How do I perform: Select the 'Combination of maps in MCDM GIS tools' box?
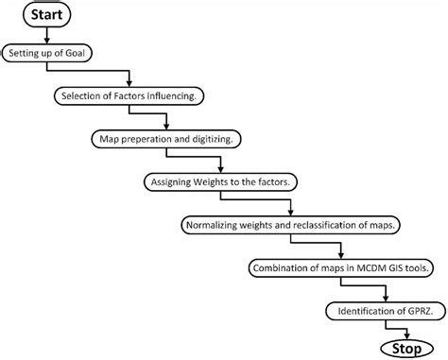[x=343, y=267]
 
